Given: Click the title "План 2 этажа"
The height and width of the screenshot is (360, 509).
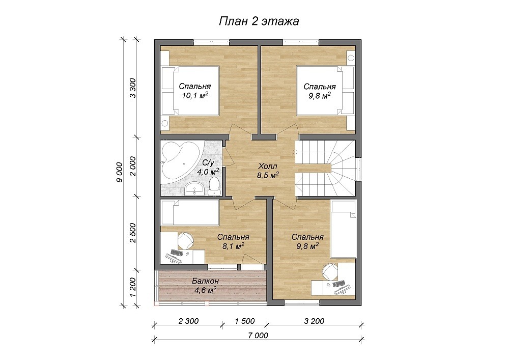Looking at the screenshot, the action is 259,21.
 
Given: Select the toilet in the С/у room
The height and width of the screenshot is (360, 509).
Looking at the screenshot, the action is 214,187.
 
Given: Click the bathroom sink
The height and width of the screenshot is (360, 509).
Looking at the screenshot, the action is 194,188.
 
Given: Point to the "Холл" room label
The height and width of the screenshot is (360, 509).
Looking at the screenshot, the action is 268,167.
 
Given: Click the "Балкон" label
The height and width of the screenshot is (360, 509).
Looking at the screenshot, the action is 205,281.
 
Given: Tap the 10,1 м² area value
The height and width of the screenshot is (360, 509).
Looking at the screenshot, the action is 195,96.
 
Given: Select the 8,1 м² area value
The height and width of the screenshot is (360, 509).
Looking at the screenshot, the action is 234,246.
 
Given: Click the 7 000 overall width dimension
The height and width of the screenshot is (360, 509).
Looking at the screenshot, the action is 258,336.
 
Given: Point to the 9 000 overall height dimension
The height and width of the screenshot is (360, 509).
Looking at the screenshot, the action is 120,172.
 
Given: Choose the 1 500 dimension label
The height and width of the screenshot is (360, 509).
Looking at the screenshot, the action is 245,321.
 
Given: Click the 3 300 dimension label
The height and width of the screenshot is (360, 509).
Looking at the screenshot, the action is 133,88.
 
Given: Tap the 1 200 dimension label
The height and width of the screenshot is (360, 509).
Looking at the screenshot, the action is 133,287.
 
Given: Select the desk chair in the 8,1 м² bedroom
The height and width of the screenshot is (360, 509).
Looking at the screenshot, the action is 186,241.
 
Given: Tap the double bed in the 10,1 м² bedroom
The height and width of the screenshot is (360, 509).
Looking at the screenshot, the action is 190,91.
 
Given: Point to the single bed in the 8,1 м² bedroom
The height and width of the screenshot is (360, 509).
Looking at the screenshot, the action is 190,213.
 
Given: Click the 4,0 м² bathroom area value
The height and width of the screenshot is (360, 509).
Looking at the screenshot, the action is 208,172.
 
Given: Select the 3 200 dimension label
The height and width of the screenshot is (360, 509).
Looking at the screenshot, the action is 314,321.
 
